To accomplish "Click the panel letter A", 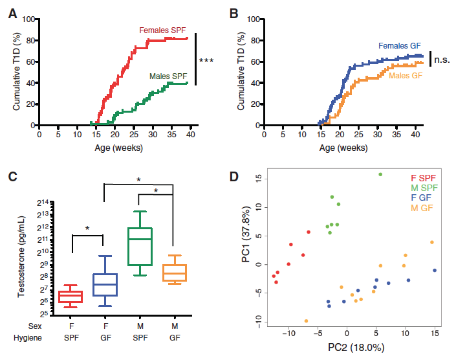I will [12, 11].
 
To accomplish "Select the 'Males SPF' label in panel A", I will [168, 75].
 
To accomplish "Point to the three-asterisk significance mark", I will [206, 61].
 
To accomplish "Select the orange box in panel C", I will [173, 273].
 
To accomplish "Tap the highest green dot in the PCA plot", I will [380, 174].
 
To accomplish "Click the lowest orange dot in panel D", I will [306, 321].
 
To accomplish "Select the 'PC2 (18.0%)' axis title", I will [356, 348].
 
